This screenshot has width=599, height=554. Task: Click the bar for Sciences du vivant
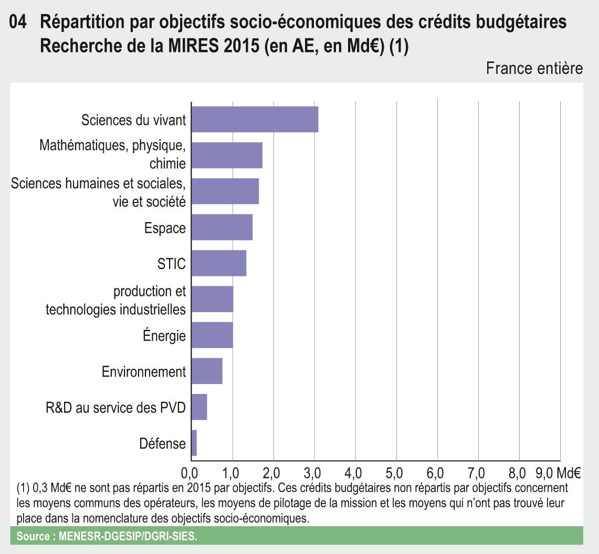point(255,119)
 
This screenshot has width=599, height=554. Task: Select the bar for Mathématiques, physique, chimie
point(227,155)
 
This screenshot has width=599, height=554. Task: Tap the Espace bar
point(222,228)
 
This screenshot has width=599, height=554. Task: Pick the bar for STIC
point(218,263)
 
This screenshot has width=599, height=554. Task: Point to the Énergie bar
point(212,335)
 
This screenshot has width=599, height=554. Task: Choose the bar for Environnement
point(207,371)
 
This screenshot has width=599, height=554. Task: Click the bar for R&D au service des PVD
point(199,407)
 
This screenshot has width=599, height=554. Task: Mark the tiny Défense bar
point(194,443)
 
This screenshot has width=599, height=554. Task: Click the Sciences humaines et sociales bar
point(225,191)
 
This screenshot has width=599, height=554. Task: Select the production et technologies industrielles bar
point(212,300)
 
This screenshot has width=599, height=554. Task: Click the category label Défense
point(163,444)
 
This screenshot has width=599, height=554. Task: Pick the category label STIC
point(172,264)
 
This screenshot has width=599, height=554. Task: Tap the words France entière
point(534,68)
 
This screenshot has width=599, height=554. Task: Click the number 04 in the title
point(19,24)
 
